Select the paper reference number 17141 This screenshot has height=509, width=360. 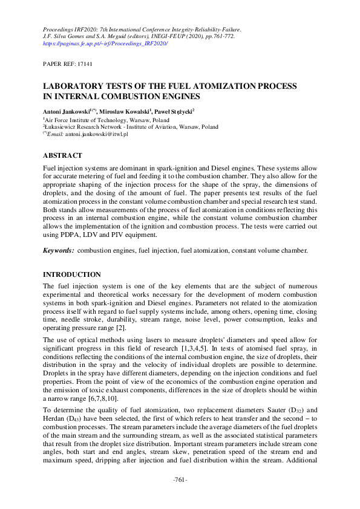click(x=84, y=63)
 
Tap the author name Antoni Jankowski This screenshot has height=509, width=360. click(x=68, y=111)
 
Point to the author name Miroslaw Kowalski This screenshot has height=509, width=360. click(x=126, y=111)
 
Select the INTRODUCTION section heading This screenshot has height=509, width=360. click(x=71, y=275)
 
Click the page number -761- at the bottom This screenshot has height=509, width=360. click(x=180, y=497)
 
